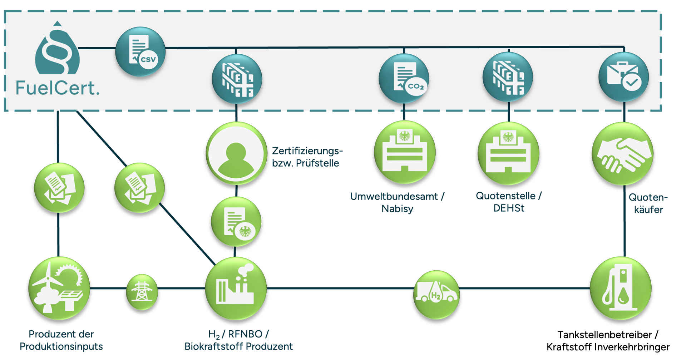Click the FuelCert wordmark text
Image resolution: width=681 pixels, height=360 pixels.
[57, 88]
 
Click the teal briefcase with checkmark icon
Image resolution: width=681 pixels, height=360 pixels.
[624, 77]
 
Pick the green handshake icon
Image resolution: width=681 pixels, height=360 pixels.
[622, 153]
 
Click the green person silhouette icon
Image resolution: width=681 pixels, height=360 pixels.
[236, 153]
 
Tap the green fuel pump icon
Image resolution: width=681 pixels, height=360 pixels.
[620, 288]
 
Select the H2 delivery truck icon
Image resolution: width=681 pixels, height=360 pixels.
[436, 294]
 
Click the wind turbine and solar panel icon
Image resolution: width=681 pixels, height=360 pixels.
[59, 288]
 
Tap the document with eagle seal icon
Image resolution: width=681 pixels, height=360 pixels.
[236, 221]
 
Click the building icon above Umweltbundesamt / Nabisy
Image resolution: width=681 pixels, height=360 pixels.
[405, 152]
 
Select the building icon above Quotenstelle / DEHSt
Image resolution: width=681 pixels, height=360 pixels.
[508, 153]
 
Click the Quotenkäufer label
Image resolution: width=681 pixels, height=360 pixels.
[648, 203]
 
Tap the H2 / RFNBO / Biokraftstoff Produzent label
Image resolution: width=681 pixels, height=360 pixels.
[239, 340]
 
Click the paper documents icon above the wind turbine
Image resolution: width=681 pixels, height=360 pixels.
[59, 187]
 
